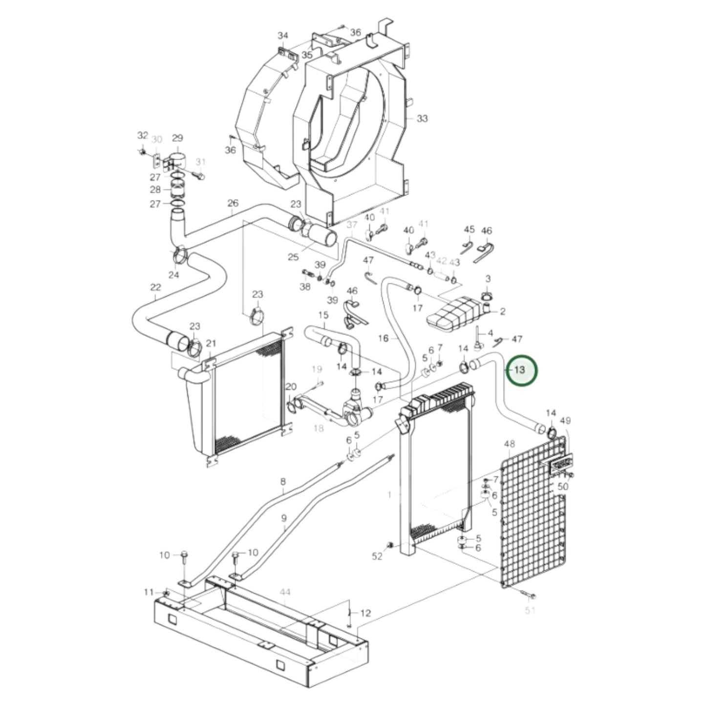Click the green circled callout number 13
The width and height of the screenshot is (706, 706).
520,370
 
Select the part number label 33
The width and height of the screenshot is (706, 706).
422,118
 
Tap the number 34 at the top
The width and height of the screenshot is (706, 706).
283,36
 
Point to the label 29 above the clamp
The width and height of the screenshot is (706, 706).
177,138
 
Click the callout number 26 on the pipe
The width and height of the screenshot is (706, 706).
233,203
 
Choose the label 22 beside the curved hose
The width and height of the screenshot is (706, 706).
155,287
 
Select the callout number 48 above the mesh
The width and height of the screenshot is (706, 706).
509,444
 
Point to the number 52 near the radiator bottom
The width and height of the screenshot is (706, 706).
377,556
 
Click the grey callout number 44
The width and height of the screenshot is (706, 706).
285,592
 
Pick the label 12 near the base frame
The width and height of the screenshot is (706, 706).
365,613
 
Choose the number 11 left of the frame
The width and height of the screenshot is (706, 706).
149,592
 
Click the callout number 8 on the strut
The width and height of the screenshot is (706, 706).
283,482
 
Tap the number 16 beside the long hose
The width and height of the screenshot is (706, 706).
383,338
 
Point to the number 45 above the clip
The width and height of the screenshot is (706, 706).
469,230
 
